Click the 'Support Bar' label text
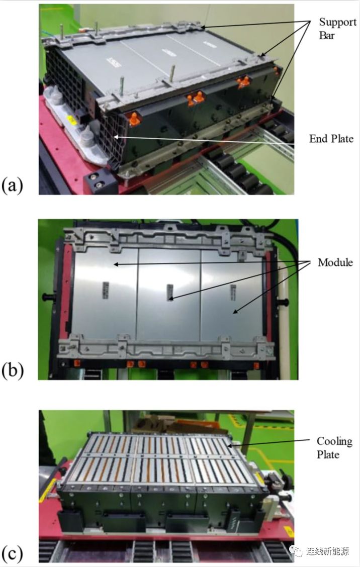pyautogui.click(x=337, y=29)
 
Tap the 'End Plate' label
pyautogui.click(x=331, y=139)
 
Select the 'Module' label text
pyautogui.click(x=335, y=262)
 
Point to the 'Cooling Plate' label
pyautogui.click(x=334, y=448)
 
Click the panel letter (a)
pyautogui.click(x=12, y=185)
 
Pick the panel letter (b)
pyautogui.click(x=13, y=370)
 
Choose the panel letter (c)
pyautogui.click(x=12, y=554)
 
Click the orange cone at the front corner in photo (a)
pyautogui.click(x=134, y=119)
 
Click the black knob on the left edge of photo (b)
pyautogui.click(x=48, y=297)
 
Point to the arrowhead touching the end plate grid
pyautogui.click(x=116, y=137)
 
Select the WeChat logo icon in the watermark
pyautogui.click(x=296, y=551)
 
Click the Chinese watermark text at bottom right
pyautogui.click(x=327, y=551)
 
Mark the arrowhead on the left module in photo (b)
pyautogui.click(x=116, y=264)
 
